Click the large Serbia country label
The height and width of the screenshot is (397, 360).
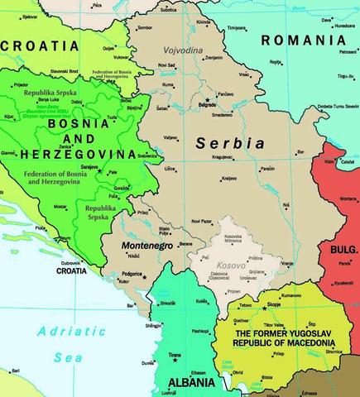(x=230, y=143)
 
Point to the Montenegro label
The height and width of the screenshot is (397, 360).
(x=146, y=246)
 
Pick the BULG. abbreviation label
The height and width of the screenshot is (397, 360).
(x=343, y=248)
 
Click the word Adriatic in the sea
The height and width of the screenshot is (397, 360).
(x=63, y=333)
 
